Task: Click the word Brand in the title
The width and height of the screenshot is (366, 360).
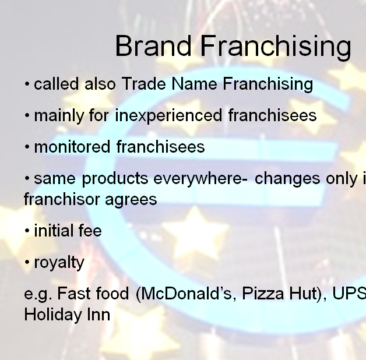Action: pos(153,45)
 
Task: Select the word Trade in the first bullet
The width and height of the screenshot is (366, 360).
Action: pos(143,83)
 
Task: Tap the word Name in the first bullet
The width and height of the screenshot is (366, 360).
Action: pos(194,83)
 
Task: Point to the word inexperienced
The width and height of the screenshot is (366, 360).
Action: pos(168,116)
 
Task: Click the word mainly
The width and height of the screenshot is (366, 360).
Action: pos(59,116)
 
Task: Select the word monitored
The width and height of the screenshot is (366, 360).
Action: pos(72,147)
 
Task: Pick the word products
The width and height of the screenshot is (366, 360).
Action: pos(115,179)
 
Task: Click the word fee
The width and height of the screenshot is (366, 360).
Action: pos(90,231)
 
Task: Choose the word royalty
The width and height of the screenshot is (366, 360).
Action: pos(59,263)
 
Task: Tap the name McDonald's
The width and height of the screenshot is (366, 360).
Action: pos(185,294)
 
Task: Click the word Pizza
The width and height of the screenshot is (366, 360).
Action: pos(263,294)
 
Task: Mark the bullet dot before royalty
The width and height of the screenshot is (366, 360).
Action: pos(27,262)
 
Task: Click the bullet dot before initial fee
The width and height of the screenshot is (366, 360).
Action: pos(27,231)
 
